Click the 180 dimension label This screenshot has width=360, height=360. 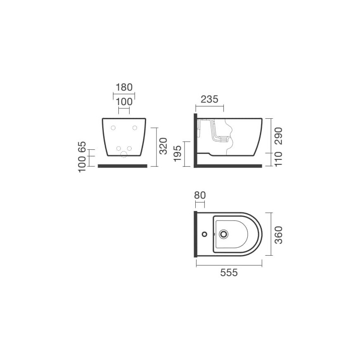click(124, 87)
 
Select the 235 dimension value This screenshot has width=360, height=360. click(209, 99)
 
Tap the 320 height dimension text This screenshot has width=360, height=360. click(163, 146)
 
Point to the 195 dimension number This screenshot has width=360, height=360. click(178, 154)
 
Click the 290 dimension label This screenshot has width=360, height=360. click(278, 136)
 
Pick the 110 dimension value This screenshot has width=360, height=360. click(278, 159)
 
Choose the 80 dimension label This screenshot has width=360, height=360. click(200, 195)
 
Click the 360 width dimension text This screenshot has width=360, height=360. click(278, 235)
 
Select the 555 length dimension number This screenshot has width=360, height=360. click(229, 273)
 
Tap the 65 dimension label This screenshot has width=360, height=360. click(82, 146)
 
